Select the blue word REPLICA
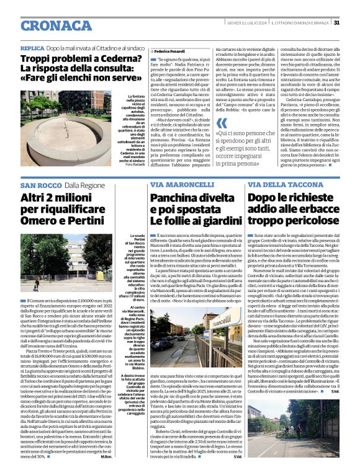(x=32, y=48)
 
